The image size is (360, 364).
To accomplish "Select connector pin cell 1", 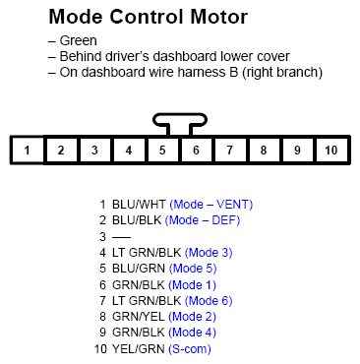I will [28, 151].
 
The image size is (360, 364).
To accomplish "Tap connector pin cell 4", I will [128, 151].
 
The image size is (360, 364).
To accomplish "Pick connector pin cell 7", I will [229, 151].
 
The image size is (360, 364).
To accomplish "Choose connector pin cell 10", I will [330, 151].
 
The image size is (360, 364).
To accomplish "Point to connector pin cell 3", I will [94, 151].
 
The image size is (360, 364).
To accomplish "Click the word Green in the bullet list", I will [78, 40].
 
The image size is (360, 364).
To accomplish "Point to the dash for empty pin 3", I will [121, 236].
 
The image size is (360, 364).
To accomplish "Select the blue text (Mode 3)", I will [209, 253].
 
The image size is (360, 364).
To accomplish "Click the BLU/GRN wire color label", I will [138, 269].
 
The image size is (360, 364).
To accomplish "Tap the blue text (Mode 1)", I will [201, 284].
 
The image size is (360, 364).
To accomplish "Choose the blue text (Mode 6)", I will [209, 301].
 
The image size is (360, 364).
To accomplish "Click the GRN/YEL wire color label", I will [137, 317].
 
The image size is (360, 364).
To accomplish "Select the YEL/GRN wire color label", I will [137, 348].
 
